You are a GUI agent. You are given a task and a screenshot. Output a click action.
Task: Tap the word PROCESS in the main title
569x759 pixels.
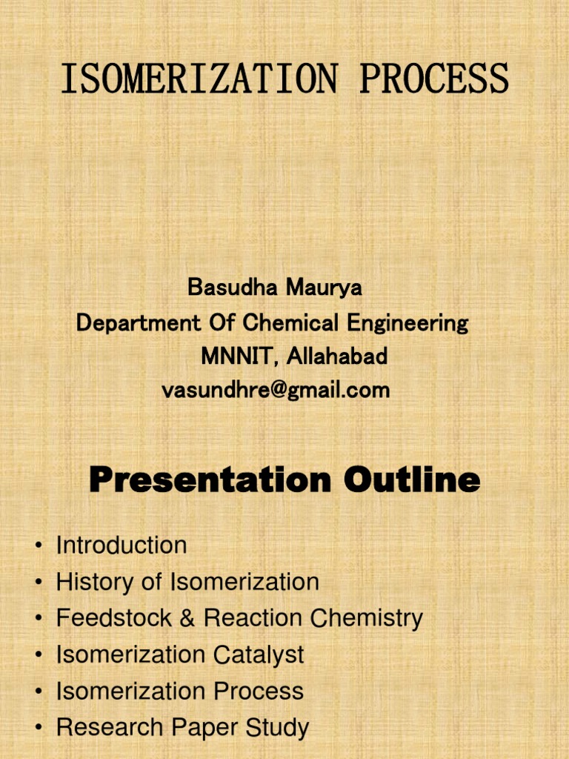click(x=434, y=79)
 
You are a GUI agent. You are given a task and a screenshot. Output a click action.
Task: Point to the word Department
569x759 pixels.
click(x=139, y=322)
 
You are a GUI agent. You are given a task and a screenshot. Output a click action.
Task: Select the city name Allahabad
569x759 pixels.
click(x=337, y=357)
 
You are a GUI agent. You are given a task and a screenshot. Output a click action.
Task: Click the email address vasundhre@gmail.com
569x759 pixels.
click(x=276, y=391)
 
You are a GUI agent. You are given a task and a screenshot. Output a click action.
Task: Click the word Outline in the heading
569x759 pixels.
click(x=411, y=480)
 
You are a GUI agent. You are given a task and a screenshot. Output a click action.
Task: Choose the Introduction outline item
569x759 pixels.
click(x=122, y=546)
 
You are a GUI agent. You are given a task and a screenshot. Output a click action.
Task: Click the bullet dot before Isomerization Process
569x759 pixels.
click(x=37, y=692)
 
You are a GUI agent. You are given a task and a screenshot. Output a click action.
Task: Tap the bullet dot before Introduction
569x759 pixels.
click(x=37, y=546)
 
